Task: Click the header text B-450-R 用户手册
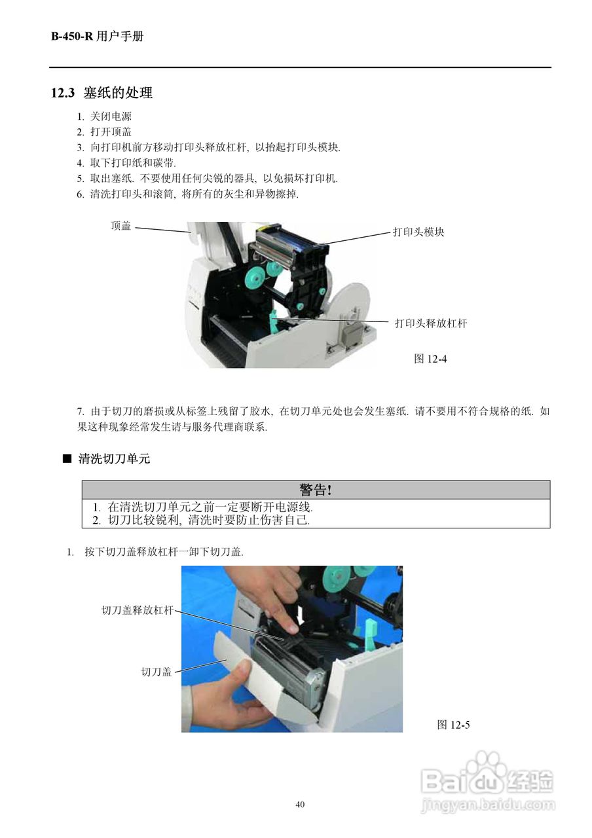click(97, 37)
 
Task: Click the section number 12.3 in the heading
click(64, 93)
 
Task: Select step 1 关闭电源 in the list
click(105, 117)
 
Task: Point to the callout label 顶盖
click(121, 226)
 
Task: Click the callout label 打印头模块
click(418, 232)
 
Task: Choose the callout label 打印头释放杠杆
click(430, 323)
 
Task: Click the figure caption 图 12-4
click(430, 358)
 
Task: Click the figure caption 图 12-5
click(453, 724)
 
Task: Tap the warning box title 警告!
click(316, 490)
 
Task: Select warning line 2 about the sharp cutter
click(200, 520)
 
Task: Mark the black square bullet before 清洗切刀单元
click(66, 459)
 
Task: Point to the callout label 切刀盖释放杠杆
click(137, 610)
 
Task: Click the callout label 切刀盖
click(157, 671)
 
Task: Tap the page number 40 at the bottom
click(300, 805)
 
